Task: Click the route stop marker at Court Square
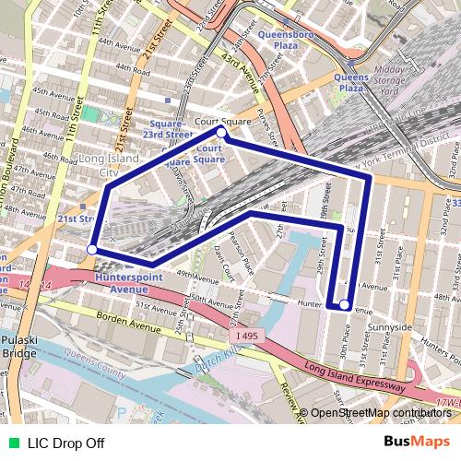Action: pos(221,132)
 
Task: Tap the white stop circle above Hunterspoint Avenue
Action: pos(91,249)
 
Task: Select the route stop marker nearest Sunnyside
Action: pos(344,304)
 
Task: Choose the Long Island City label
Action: pos(109,165)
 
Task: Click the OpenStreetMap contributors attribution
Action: pos(380,413)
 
